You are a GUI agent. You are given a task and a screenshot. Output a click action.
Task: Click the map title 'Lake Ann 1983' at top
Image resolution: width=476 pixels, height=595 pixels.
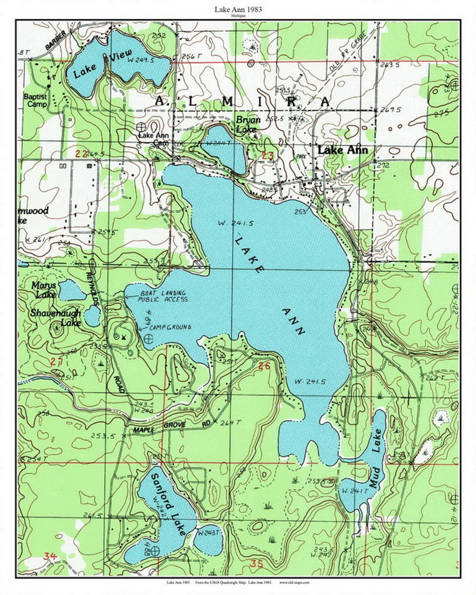pos(238,9)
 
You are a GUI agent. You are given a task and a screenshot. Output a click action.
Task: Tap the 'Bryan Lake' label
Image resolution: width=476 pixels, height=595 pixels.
pos(248,124)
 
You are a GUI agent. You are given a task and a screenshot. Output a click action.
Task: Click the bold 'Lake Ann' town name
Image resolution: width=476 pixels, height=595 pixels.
pos(342,150)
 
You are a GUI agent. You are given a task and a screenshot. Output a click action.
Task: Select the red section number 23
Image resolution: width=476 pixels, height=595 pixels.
pos(268,155)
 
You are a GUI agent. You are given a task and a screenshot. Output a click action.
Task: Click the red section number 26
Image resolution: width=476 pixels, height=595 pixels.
pos(264,365)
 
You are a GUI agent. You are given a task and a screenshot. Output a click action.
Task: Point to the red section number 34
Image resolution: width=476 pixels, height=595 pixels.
pos(50,556)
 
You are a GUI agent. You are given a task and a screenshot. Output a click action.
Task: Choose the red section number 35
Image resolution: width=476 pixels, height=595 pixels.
pos(256,563)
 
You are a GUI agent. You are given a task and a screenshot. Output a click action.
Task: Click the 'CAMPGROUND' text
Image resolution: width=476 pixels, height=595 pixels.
pos(170,327)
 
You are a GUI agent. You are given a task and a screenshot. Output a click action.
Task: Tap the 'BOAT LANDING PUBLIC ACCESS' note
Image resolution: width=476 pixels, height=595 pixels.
pos(163,296)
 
